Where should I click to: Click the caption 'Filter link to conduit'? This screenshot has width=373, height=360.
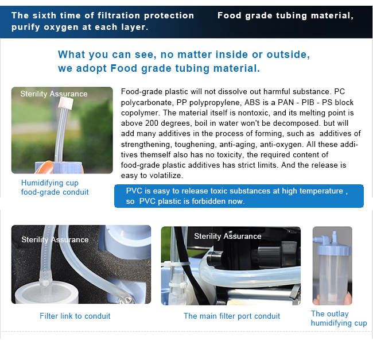(75, 316)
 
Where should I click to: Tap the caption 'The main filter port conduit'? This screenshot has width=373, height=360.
(232, 316)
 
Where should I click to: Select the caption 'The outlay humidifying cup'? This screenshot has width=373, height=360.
(339, 318)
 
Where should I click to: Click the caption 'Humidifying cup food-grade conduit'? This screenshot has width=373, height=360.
(55, 187)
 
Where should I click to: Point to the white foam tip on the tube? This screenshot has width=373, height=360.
(66, 103)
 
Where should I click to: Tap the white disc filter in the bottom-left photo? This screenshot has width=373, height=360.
(45, 293)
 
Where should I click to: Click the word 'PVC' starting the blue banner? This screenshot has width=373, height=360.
(134, 191)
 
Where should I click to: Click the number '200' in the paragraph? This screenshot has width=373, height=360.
(152, 123)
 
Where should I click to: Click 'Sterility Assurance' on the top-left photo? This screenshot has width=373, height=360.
(54, 94)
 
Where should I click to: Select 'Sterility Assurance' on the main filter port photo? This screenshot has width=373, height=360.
(228, 236)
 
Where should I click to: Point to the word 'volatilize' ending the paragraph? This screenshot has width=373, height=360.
(166, 175)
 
